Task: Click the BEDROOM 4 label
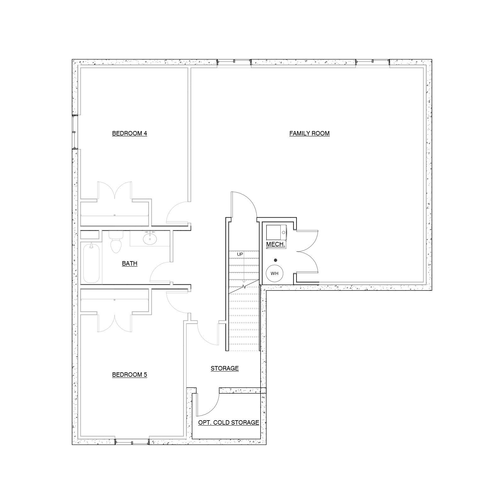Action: click(x=129, y=134)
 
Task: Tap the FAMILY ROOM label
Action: click(x=309, y=134)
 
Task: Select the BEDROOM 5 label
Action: click(x=129, y=375)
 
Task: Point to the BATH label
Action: click(x=129, y=264)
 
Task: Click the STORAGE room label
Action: click(x=225, y=369)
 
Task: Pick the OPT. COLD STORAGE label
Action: click(x=229, y=423)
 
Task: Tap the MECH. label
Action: click(x=276, y=244)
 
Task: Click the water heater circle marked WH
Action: click(x=275, y=273)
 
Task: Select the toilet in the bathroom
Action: click(x=116, y=242)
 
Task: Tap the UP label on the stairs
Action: click(x=240, y=254)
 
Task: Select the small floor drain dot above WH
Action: click(x=276, y=260)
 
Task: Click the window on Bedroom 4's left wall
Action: click(x=75, y=132)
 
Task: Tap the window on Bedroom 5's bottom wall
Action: click(x=132, y=442)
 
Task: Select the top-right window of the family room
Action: click(x=373, y=63)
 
